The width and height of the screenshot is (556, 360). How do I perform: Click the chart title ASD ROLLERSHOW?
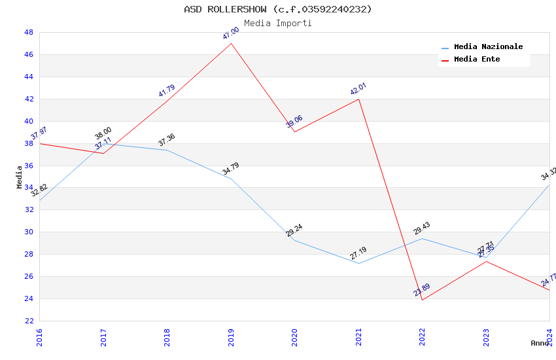(277, 9)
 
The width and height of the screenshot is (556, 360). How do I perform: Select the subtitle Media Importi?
(277, 23)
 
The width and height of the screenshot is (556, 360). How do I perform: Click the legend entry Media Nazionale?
(488, 47)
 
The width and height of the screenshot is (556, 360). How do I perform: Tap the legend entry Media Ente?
(477, 60)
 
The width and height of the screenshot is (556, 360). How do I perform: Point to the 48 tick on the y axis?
(29, 33)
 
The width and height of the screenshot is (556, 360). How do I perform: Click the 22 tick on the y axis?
(29, 321)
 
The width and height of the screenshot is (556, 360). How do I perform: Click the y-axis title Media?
(20, 177)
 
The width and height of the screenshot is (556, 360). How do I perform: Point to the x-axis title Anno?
(540, 343)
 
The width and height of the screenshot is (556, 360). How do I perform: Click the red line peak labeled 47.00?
(231, 44)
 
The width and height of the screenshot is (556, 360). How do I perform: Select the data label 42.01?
(358, 89)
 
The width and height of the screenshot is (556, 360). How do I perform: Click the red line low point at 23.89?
(422, 300)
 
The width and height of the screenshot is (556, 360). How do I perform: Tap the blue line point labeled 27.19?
(358, 263)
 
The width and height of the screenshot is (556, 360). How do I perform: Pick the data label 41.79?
(167, 91)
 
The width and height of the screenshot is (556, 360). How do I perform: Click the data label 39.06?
(294, 121)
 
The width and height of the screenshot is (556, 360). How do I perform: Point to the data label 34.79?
(230, 169)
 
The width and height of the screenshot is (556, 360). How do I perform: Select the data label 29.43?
(422, 228)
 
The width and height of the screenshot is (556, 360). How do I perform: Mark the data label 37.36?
(167, 140)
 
